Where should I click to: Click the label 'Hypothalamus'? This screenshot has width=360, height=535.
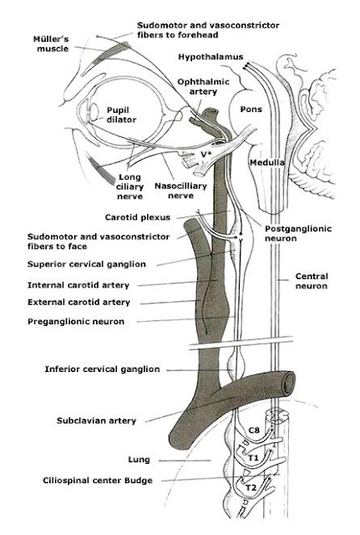pos(210,56)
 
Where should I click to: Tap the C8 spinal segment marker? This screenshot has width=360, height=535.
pos(257,431)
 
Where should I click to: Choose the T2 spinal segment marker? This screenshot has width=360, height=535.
pos(250,486)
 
